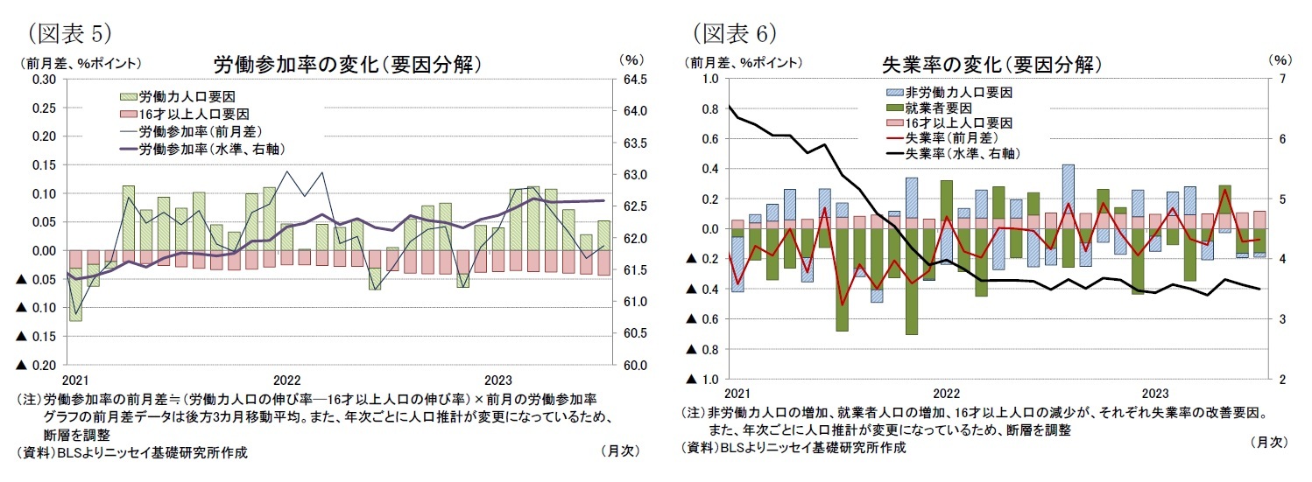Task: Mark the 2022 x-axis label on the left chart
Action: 287,381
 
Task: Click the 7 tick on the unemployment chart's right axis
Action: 1280,79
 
